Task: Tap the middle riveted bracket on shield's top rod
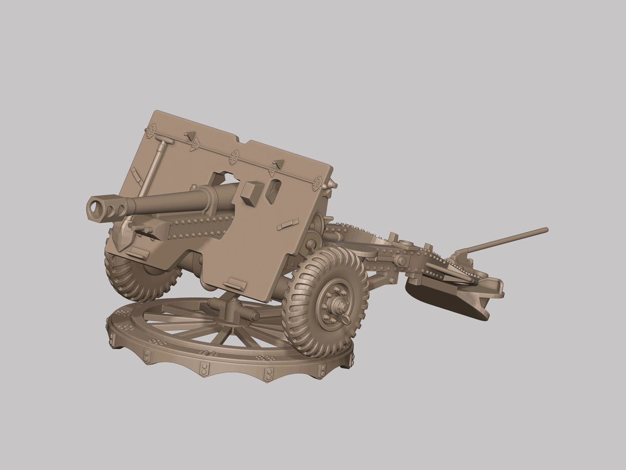tap(234, 156)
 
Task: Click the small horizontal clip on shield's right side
tap(287, 225)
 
